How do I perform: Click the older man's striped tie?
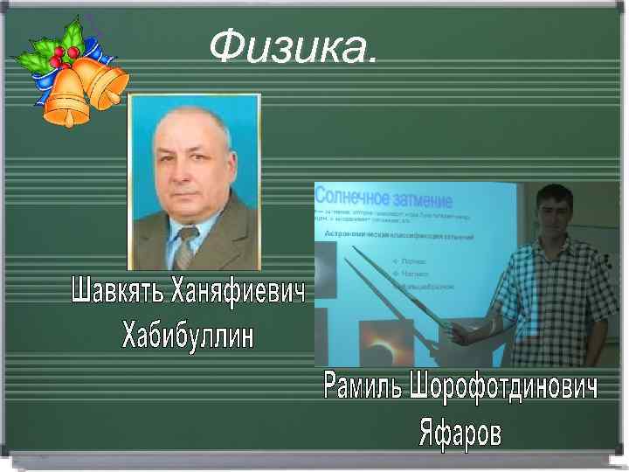coord(185,248)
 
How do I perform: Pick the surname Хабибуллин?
coord(187,333)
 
